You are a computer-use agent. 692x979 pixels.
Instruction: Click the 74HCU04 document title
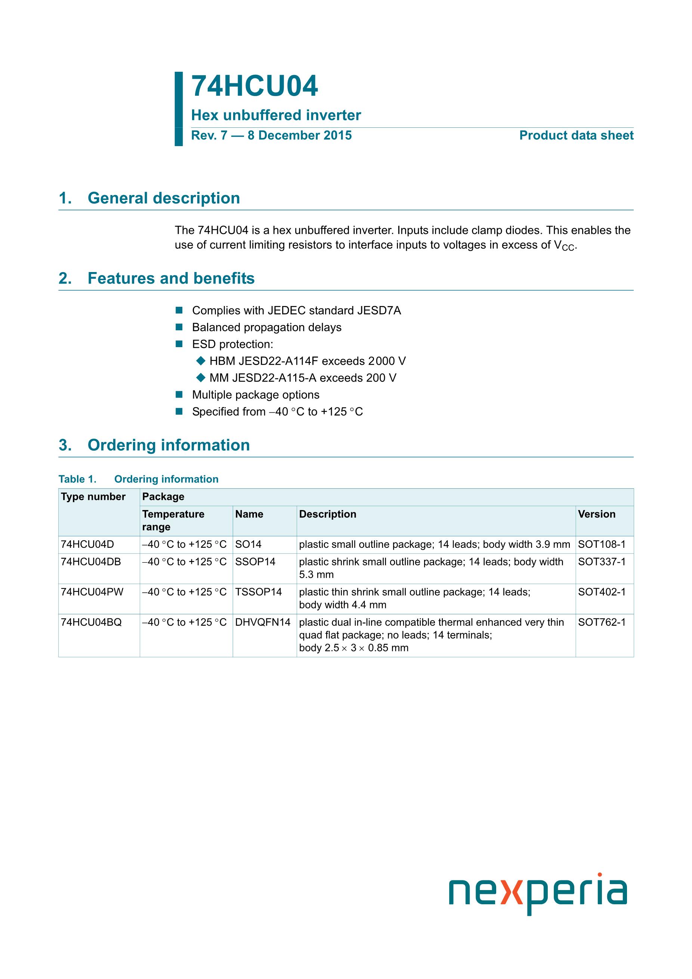click(x=254, y=87)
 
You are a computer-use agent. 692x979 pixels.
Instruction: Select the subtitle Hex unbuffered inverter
click(x=276, y=115)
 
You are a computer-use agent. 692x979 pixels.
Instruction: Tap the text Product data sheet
click(x=576, y=136)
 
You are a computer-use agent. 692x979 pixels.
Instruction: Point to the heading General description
click(x=163, y=198)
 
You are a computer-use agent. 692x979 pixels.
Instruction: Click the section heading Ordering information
click(x=169, y=445)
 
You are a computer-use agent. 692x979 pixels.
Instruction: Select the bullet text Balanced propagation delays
click(x=266, y=327)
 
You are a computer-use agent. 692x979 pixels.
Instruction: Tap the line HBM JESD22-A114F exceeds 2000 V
click(x=308, y=361)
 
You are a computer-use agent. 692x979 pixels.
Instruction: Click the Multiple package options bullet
click(x=256, y=395)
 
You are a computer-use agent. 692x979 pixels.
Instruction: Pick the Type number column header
click(x=93, y=497)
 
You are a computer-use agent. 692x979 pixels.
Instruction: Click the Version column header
click(x=596, y=514)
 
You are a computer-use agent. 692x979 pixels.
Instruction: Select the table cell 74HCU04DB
click(x=91, y=562)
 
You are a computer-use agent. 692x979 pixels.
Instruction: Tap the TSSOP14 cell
click(x=259, y=592)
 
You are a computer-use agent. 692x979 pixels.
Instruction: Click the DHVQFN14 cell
click(x=263, y=623)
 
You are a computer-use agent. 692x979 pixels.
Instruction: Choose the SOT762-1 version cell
click(x=602, y=623)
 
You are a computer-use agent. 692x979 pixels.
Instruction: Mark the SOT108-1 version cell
click(x=602, y=544)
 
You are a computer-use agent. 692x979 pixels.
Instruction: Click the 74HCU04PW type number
click(x=92, y=592)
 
